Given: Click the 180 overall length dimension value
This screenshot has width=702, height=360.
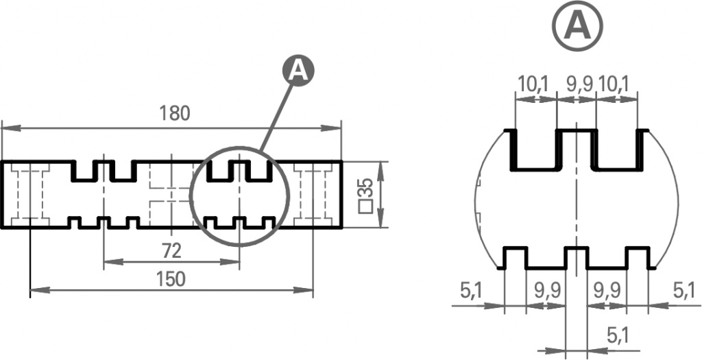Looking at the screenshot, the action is tap(175, 114).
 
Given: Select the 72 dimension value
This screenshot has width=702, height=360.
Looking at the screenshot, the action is tap(171, 252).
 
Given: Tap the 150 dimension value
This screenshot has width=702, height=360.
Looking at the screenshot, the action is tap(171, 279).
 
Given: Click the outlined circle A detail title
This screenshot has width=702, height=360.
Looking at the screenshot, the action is tap(577, 26).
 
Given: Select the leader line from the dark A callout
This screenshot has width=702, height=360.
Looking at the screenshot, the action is tap(276, 118).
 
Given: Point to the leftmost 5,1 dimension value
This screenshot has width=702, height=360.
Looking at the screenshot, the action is tap(471, 291).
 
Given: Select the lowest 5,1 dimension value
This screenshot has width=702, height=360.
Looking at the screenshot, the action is tap(618, 335).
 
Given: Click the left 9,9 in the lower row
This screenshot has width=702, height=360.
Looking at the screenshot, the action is tap(548, 291).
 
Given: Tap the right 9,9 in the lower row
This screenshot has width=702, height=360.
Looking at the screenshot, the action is tap(607, 291).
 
